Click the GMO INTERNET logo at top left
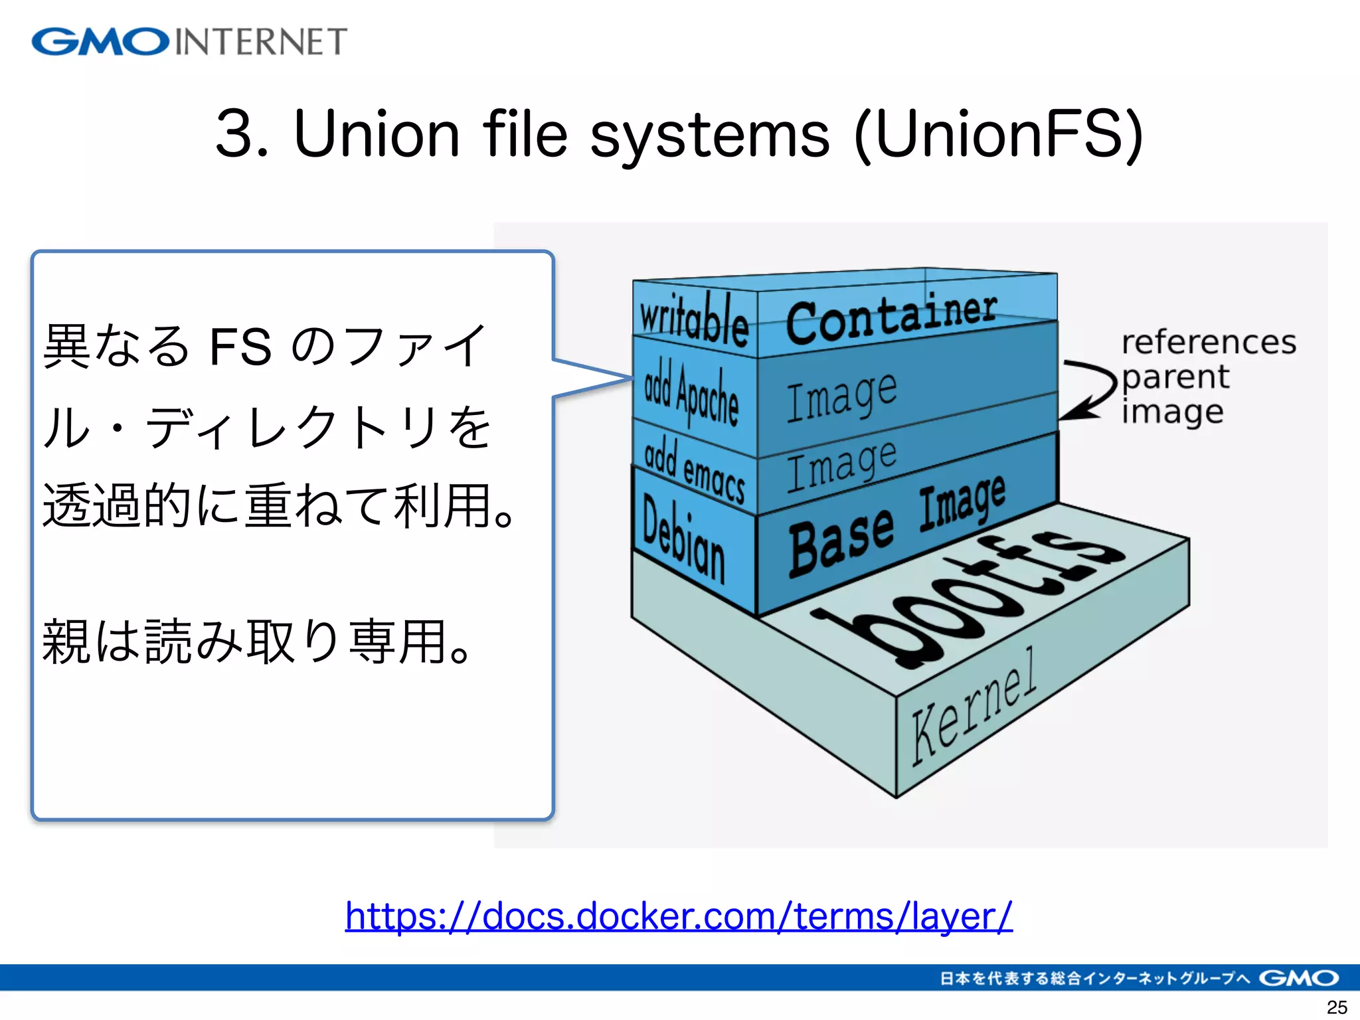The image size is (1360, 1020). pos(189,41)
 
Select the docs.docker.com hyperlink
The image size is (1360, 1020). pos(679,916)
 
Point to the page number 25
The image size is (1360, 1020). pos(1336,1007)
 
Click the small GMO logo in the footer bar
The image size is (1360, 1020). pos(1298,978)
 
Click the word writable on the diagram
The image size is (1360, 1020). pos(694,319)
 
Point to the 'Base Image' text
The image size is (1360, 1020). pos(896,528)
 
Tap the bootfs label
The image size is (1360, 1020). pos(970,598)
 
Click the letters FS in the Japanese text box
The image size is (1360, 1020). pos(240,347)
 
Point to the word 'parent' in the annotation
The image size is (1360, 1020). pos(1175,377)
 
